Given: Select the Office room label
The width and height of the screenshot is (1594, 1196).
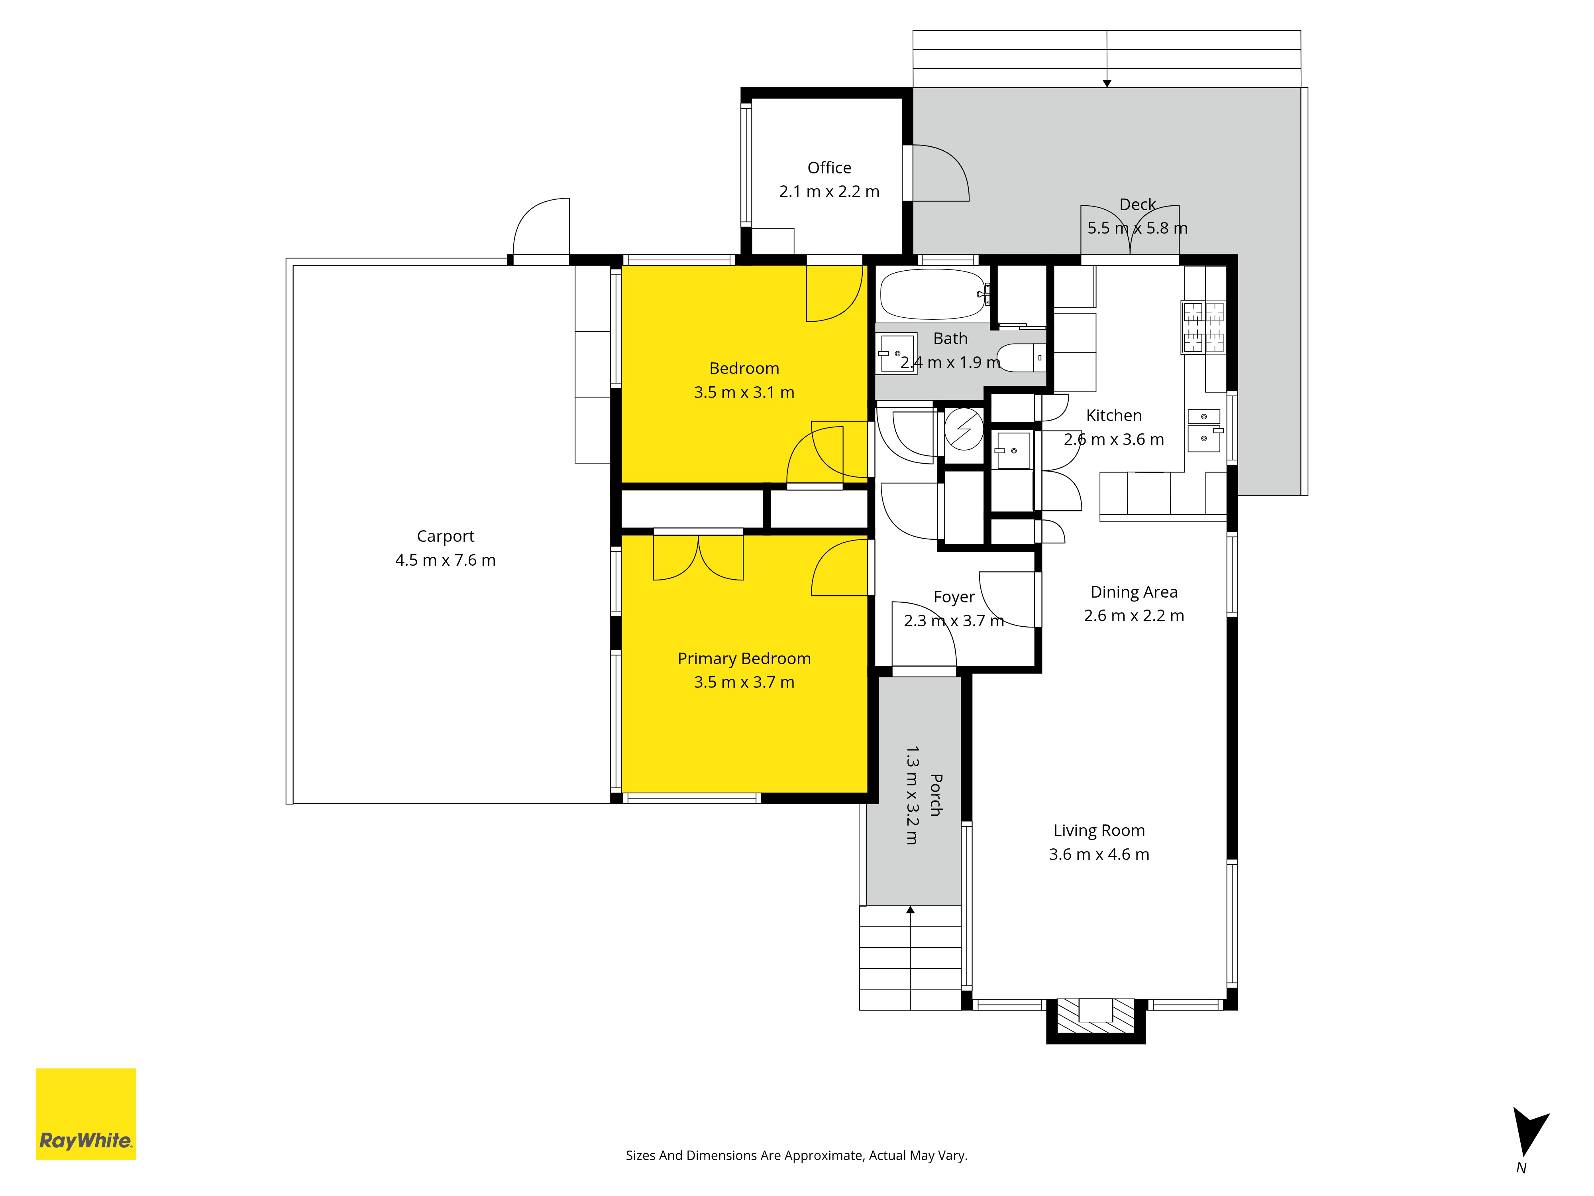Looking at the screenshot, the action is tap(829, 168).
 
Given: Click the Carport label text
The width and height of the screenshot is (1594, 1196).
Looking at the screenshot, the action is tap(446, 536).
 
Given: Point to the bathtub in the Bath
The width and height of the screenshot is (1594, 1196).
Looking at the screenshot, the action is tap(933, 294).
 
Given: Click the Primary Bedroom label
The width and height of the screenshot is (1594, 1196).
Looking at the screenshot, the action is tap(744, 659).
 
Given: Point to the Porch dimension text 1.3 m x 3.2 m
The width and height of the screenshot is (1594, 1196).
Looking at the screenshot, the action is tap(912, 795).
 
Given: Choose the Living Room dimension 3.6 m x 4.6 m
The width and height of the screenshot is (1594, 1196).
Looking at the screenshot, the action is tap(1099, 854).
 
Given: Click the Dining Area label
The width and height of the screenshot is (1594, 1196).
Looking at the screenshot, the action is tap(1134, 592).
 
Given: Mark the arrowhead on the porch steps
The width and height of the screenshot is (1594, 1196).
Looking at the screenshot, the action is tap(911, 910).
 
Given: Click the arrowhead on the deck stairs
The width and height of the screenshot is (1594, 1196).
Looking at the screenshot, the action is tap(1107, 84).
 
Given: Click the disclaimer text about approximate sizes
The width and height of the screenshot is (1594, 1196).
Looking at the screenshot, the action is tap(796, 1156).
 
